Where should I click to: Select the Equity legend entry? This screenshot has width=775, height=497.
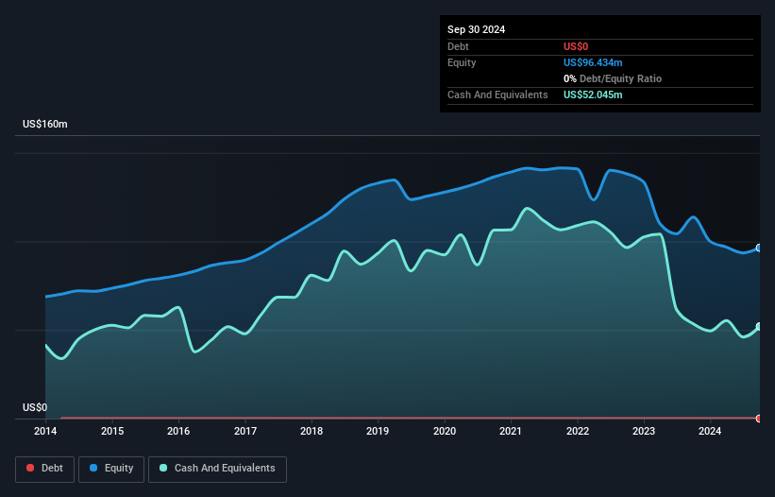(111, 468)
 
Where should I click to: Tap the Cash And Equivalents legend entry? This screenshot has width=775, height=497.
(217, 468)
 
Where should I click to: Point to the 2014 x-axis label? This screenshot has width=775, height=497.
(45, 432)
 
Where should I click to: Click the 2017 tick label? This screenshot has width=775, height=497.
(245, 432)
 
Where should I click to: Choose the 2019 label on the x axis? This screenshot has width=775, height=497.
(379, 432)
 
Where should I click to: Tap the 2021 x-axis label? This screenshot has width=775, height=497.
(511, 432)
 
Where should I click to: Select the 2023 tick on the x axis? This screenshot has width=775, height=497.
(644, 432)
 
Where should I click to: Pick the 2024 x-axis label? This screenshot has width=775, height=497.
(710, 432)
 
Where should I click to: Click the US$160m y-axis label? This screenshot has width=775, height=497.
(45, 125)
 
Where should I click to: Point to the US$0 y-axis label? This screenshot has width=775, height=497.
(35, 408)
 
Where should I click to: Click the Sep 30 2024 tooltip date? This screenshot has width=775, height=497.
(476, 29)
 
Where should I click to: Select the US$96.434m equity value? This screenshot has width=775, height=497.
(593, 62)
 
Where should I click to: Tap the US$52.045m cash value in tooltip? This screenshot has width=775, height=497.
(593, 94)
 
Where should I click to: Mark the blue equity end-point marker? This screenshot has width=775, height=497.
(759, 248)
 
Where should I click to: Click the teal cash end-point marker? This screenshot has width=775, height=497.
(759, 326)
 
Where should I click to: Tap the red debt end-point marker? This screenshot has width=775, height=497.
(759, 418)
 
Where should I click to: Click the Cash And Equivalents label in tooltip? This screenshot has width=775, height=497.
(497, 94)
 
